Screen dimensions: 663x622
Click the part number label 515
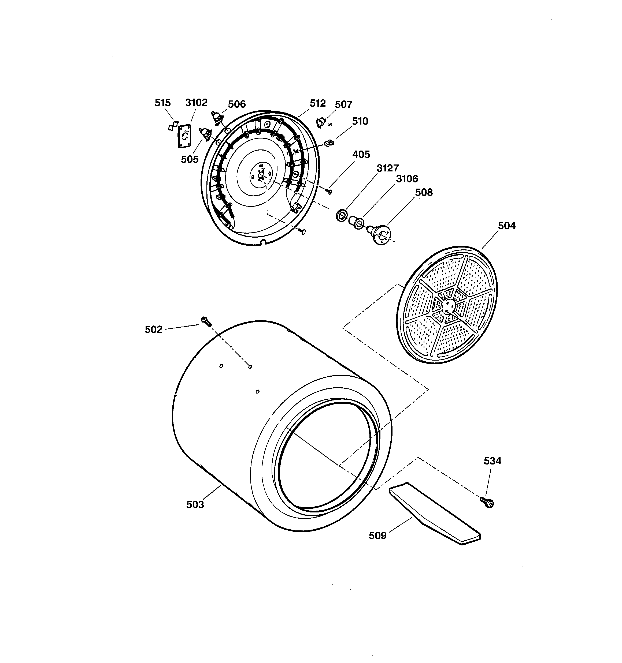162,103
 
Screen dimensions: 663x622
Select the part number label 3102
196,102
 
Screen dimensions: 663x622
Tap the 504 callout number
506,226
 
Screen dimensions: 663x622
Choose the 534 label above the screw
493,461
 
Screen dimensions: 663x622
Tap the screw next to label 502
206,321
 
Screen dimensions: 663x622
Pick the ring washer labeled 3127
341,215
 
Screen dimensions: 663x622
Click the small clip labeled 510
329,143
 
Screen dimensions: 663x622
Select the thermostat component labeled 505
205,133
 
